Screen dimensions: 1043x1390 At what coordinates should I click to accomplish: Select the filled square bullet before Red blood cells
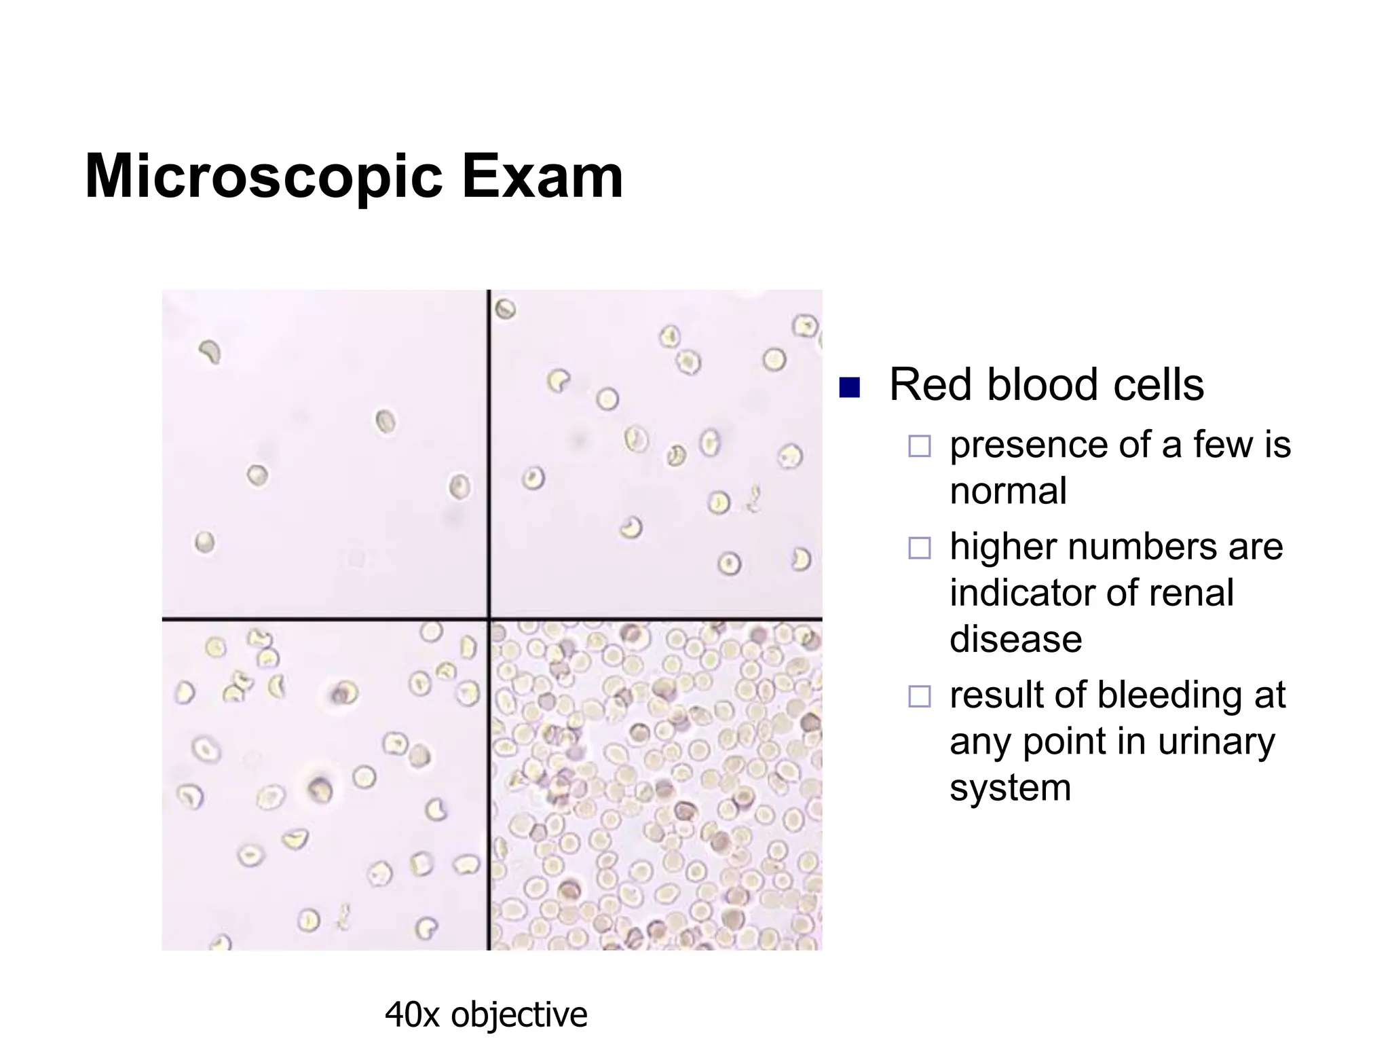tap(849, 387)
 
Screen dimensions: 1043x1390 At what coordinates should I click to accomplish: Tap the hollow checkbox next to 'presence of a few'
tap(920, 446)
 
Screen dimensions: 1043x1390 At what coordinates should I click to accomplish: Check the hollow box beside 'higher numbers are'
tap(920, 547)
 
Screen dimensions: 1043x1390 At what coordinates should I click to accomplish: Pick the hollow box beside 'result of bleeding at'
tap(920, 696)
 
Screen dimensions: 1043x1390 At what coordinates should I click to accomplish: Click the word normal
tap(1008, 491)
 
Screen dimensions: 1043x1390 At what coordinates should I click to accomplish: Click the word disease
tap(1015, 639)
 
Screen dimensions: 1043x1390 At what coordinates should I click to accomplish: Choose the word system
tap(1010, 789)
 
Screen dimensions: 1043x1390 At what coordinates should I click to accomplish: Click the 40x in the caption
tap(412, 1015)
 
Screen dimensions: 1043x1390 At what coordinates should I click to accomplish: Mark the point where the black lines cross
tap(489, 619)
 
